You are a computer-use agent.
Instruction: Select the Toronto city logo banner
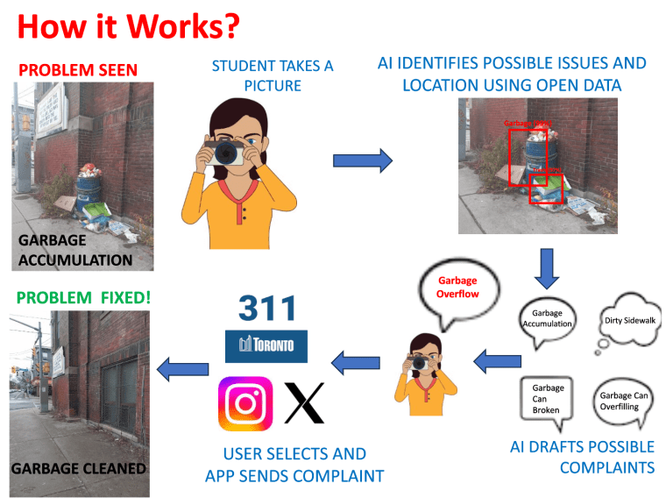tap(267, 346)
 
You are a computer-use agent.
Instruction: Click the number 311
tap(267, 309)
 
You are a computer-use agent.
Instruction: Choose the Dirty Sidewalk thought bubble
tap(629, 322)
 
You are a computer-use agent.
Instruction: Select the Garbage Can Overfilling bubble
tap(624, 401)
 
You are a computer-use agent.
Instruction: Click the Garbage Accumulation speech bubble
tap(547, 318)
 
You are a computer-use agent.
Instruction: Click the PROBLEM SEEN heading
tap(78, 69)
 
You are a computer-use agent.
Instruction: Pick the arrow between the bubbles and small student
tap(495, 359)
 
